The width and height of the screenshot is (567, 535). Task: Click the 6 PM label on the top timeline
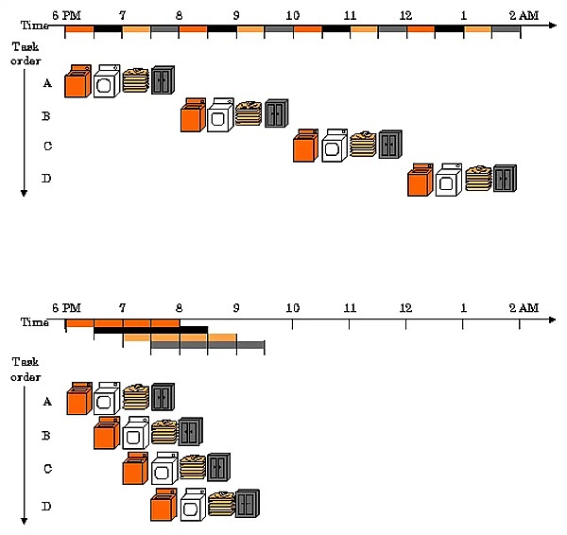pyautogui.click(x=66, y=16)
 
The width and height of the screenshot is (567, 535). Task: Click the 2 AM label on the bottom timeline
pyautogui.click(x=522, y=309)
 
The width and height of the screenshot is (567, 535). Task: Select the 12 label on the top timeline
pyautogui.click(x=406, y=16)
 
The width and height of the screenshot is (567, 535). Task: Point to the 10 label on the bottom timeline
pyautogui.click(x=292, y=309)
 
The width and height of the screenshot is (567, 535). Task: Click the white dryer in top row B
pyautogui.click(x=219, y=115)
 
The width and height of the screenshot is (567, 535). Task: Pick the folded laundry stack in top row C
pyautogui.click(x=363, y=144)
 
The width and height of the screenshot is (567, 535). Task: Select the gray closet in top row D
pyautogui.click(x=505, y=177)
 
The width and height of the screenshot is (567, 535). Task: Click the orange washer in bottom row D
pyautogui.click(x=163, y=506)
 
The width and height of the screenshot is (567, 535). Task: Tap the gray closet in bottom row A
pyautogui.click(x=163, y=397)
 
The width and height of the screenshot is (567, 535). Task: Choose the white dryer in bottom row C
pyautogui.click(x=164, y=468)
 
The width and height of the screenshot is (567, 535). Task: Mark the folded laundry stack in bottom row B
pyautogui.click(x=164, y=431)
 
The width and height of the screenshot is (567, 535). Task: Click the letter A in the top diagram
pyautogui.click(x=47, y=83)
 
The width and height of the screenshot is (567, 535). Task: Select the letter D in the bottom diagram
pyautogui.click(x=47, y=508)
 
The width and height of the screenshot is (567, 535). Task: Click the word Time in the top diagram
pyautogui.click(x=37, y=26)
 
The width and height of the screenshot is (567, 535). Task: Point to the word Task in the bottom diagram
pyautogui.click(x=25, y=362)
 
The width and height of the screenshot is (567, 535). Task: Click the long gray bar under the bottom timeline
pyautogui.click(x=207, y=345)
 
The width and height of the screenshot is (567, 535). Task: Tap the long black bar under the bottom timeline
pyautogui.click(x=150, y=330)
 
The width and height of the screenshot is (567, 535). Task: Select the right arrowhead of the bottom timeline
pyautogui.click(x=554, y=321)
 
